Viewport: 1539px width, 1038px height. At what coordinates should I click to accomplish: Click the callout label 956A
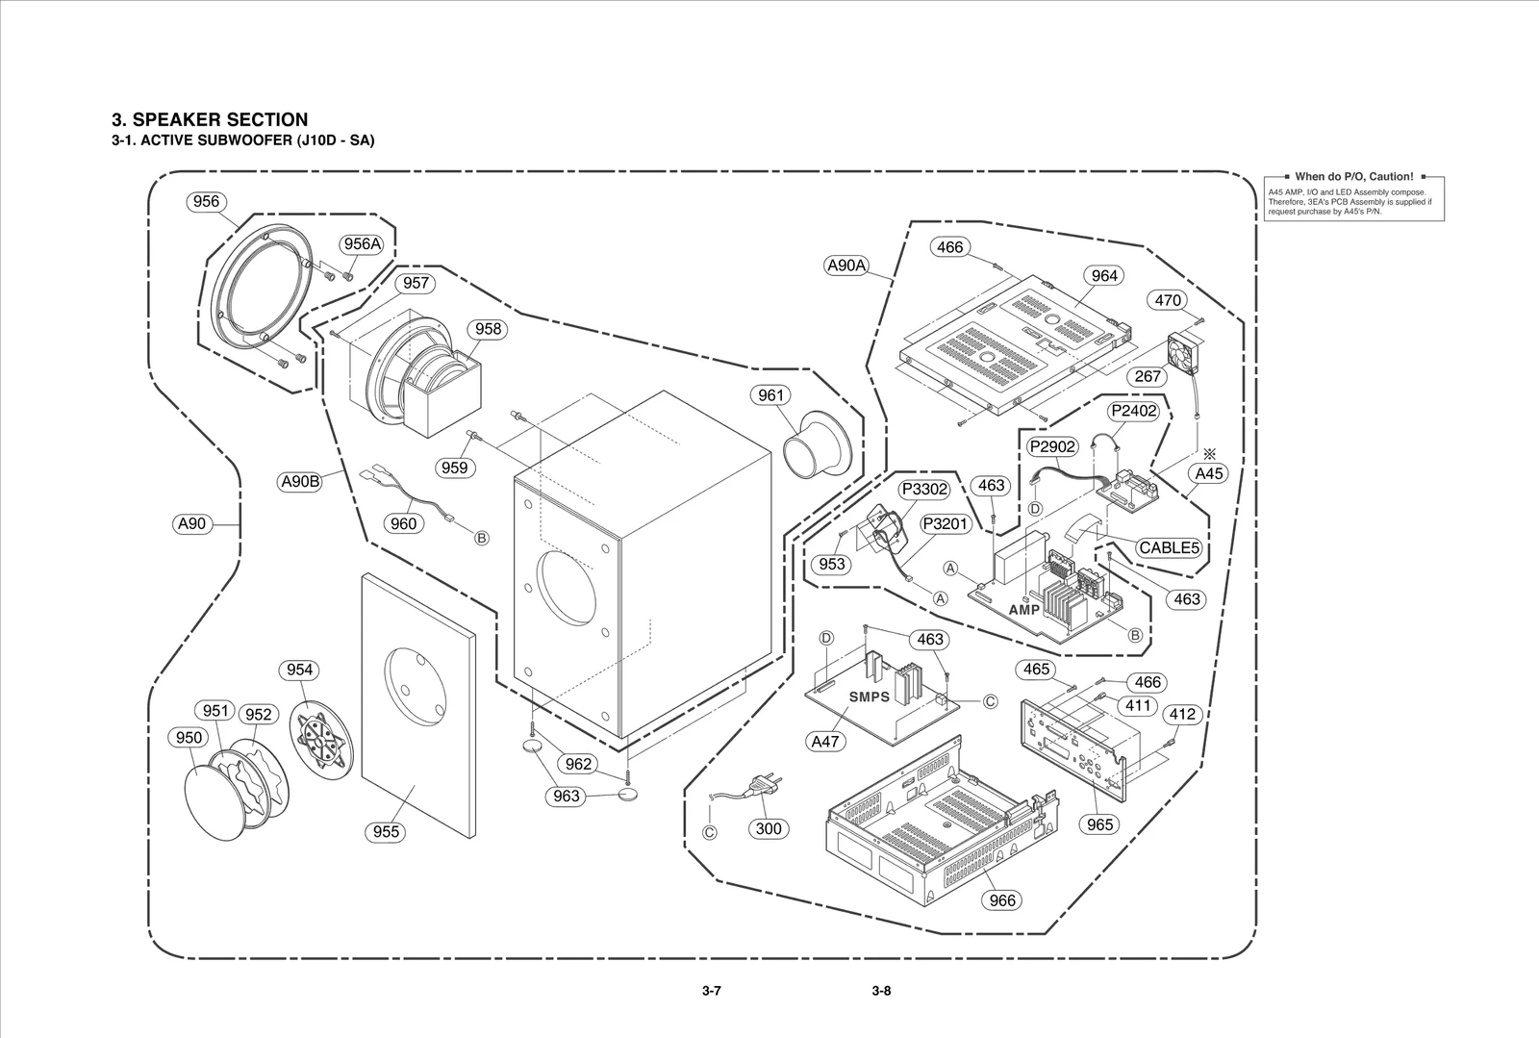pyautogui.click(x=362, y=244)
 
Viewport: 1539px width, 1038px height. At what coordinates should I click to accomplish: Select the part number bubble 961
pyautogui.click(x=770, y=395)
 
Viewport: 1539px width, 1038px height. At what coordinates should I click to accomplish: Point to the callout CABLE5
pyautogui.click(x=1170, y=547)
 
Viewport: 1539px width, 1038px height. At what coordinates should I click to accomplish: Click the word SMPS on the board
pyautogui.click(x=869, y=696)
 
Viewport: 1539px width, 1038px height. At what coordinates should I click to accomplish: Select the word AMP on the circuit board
pyautogui.click(x=1024, y=611)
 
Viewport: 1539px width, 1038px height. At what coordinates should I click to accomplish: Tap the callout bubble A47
pyautogui.click(x=825, y=742)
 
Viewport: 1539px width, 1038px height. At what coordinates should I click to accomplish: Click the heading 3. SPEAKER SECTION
pyautogui.click(x=210, y=119)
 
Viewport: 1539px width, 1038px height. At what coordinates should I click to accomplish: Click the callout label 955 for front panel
pyautogui.click(x=386, y=831)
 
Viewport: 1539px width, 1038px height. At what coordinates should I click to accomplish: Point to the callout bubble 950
pyautogui.click(x=189, y=738)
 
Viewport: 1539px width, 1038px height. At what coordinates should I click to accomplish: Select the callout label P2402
pyautogui.click(x=1133, y=411)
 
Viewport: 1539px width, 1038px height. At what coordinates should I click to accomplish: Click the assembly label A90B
pyautogui.click(x=299, y=482)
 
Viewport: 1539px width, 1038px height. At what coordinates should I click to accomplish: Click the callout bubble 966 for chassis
pyautogui.click(x=1002, y=900)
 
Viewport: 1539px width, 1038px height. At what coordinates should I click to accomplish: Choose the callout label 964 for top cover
pyautogui.click(x=1104, y=276)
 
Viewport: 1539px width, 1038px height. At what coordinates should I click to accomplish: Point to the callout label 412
pyautogui.click(x=1181, y=714)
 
